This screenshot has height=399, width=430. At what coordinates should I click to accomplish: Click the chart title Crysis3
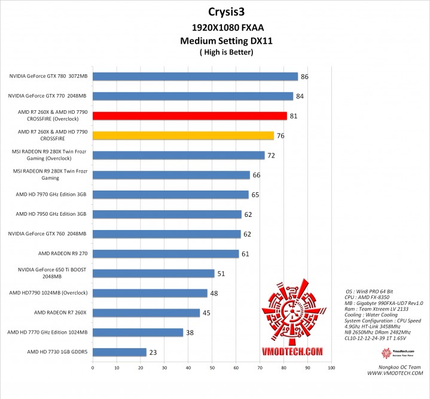pyautogui.click(x=225, y=11)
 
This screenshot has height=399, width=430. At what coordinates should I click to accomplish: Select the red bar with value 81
pyautogui.click(x=190, y=116)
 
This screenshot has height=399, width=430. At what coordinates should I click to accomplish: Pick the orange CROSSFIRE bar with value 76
pyautogui.click(x=183, y=135)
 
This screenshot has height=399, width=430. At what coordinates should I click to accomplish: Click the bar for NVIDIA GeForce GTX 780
pyautogui.click(x=195, y=76)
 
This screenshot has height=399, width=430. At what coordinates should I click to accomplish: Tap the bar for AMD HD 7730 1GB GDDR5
pyautogui.click(x=120, y=352)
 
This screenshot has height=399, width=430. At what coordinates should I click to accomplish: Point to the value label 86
pyautogui.click(x=304, y=77)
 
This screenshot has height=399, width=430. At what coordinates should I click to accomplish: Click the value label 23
pyautogui.click(x=153, y=353)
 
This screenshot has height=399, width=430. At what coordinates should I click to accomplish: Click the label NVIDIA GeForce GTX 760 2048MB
pyautogui.click(x=48, y=234)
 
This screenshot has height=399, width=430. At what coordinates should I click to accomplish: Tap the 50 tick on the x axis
pyautogui.click(x=212, y=368)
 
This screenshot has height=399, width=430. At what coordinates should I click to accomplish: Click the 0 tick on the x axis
pyautogui.click(x=93, y=368)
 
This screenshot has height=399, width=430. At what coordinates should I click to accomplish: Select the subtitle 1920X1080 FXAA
pyautogui.click(x=226, y=28)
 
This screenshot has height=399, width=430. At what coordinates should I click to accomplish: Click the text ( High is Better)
pyautogui.click(x=226, y=52)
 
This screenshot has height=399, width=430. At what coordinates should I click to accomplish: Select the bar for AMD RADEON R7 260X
pyautogui.click(x=147, y=313)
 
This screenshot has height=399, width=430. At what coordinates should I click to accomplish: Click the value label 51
pyautogui.click(x=221, y=274)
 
